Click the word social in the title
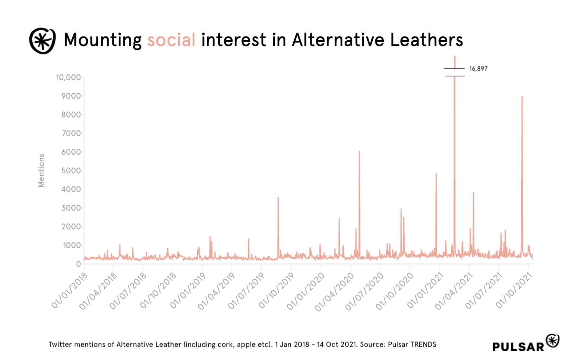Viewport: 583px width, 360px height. (171, 40)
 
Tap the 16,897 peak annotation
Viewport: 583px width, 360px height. (478, 69)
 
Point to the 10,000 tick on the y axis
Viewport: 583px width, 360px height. (68, 77)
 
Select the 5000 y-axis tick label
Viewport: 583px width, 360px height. (71, 171)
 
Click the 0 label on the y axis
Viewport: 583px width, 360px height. (78, 264)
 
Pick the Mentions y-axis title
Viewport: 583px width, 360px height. (41, 170)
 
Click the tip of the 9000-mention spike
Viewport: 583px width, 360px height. (522, 96)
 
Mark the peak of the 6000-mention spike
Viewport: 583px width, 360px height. (359, 152)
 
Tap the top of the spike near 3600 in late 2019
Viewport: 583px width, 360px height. (278, 198)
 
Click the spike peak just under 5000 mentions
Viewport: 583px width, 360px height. (436, 173)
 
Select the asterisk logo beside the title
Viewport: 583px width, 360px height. (42, 41)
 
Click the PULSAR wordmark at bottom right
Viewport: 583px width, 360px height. (518, 346)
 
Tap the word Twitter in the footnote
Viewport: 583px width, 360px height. (61, 344)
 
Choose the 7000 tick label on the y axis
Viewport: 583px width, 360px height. (71, 134)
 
